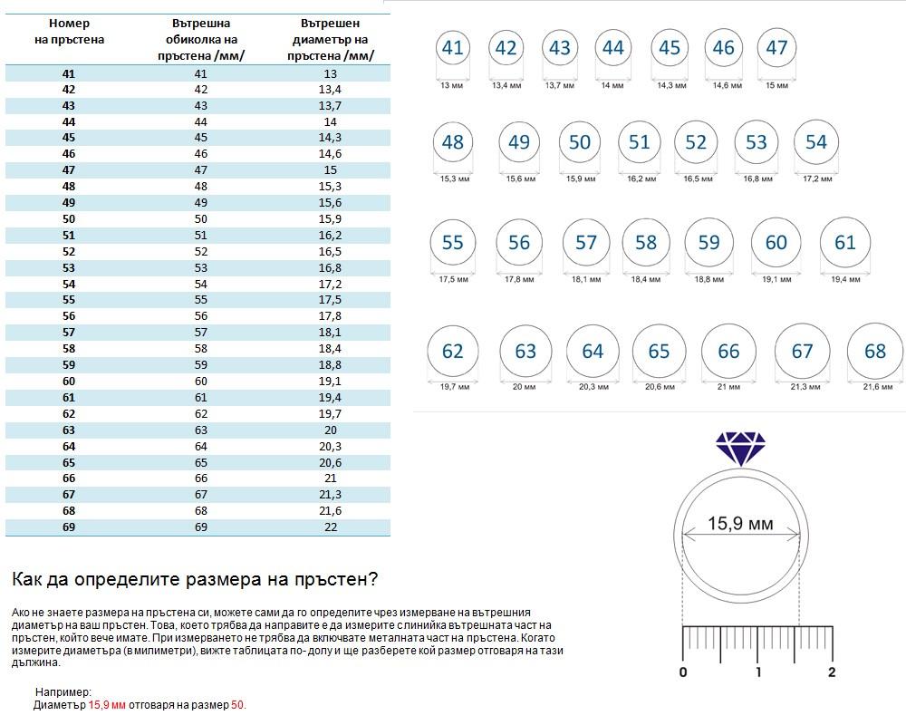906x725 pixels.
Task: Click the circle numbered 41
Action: (452, 48)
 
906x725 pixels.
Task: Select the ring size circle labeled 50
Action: (580, 142)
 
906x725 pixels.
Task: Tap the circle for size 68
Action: (875, 352)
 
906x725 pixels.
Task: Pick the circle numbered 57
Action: (586, 243)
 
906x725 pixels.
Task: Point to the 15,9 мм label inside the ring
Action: (740, 524)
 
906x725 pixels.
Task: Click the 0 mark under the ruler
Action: (683, 672)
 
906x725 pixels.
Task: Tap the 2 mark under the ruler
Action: (832, 672)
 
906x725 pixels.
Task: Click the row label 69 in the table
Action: (69, 527)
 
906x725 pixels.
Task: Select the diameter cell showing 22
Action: (330, 527)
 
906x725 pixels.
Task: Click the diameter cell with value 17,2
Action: (330, 285)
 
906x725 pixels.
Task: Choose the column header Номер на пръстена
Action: (76, 32)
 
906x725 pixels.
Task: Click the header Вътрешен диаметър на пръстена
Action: (330, 39)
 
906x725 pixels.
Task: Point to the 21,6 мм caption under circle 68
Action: (876, 387)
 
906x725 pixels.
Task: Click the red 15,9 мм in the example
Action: (107, 704)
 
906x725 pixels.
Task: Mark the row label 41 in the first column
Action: (69, 73)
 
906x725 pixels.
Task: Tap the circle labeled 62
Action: (452, 352)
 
